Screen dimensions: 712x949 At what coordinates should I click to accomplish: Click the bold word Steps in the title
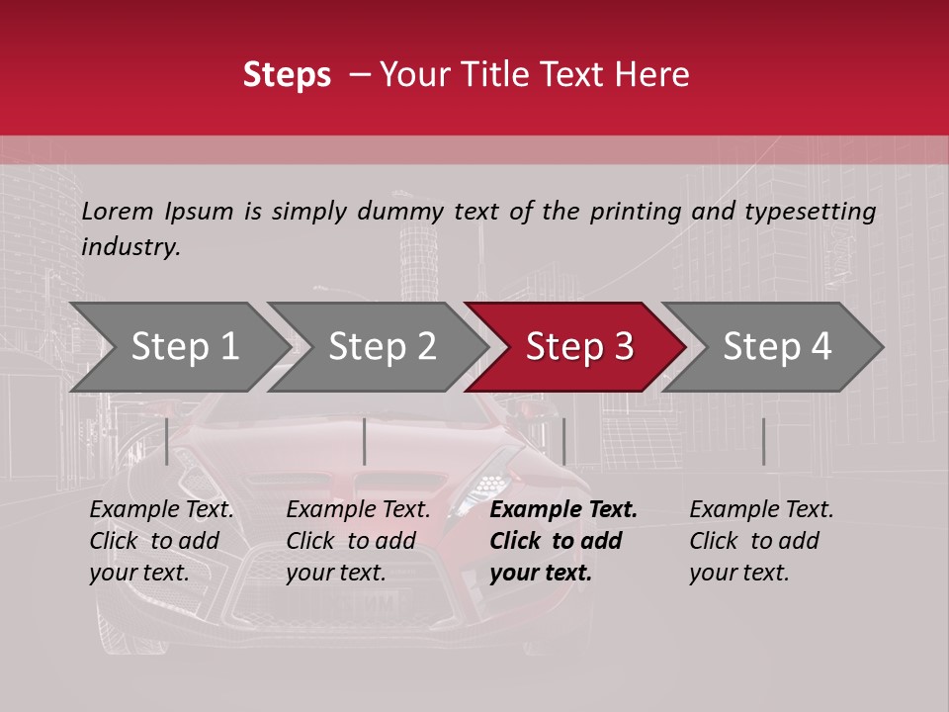(x=287, y=74)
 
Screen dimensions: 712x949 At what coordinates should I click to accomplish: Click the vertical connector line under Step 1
(x=166, y=441)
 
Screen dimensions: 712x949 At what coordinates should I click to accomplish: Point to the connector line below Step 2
(x=365, y=441)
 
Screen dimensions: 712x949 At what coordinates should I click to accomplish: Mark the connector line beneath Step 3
(x=563, y=441)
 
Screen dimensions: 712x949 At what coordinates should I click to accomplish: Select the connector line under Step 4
(x=763, y=441)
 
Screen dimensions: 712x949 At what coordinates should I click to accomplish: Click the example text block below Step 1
(x=161, y=541)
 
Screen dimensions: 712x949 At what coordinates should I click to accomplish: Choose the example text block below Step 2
(x=358, y=541)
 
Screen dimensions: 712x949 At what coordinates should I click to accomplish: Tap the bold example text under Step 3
(x=562, y=541)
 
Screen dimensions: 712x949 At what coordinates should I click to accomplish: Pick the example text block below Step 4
(x=761, y=541)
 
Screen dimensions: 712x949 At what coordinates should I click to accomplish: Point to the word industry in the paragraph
(x=130, y=247)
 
